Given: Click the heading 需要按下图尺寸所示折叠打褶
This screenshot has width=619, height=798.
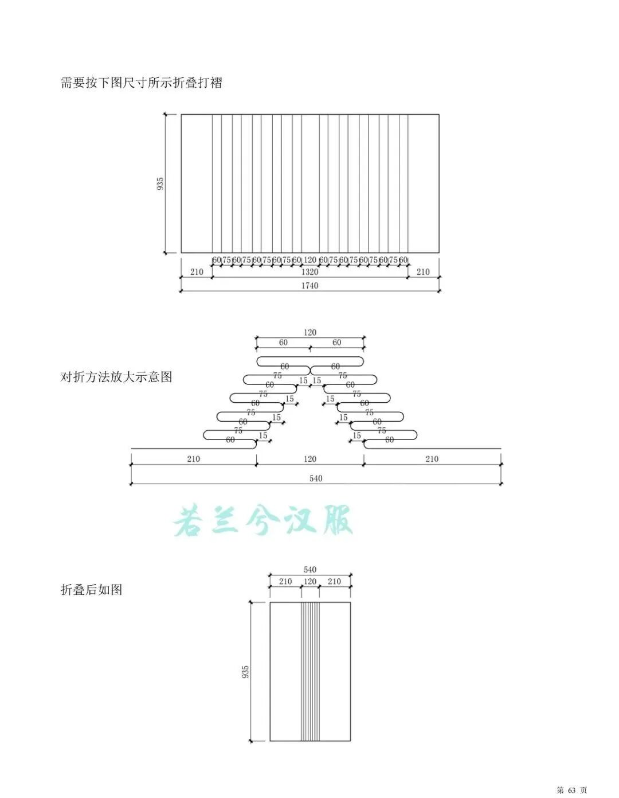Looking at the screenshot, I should [x=141, y=83].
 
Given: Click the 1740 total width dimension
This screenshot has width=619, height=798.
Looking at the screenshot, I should [x=309, y=286].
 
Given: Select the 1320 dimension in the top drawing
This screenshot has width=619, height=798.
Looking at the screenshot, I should [x=309, y=272].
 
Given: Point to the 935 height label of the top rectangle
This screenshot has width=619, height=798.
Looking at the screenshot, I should [x=160, y=184].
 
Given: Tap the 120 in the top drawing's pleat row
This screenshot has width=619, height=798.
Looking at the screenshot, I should [x=309, y=260].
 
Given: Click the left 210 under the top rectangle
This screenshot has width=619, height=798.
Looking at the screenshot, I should [x=197, y=272].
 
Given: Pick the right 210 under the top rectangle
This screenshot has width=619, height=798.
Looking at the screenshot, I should [x=423, y=272].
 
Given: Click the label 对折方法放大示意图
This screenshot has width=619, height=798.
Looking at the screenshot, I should [x=116, y=377].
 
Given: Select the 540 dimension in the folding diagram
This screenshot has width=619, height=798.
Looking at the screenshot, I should [x=316, y=478].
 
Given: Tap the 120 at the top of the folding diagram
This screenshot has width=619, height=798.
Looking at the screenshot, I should [x=309, y=332].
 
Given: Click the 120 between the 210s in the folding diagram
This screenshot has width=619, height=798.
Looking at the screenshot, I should [x=309, y=459].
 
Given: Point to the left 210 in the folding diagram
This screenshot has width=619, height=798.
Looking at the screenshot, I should [x=193, y=459].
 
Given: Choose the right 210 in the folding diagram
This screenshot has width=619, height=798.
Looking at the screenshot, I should [x=432, y=459].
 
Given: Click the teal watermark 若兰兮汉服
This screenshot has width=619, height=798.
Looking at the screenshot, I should [x=264, y=521].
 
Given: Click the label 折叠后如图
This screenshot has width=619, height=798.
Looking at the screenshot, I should [x=92, y=590].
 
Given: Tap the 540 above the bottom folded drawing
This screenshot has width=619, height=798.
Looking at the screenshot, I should [x=309, y=570].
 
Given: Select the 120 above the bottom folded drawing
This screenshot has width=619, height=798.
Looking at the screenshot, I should [x=309, y=582].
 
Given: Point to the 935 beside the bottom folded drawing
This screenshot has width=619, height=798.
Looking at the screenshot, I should [x=245, y=672].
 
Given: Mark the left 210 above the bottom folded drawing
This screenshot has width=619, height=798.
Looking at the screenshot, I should [x=285, y=582].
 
